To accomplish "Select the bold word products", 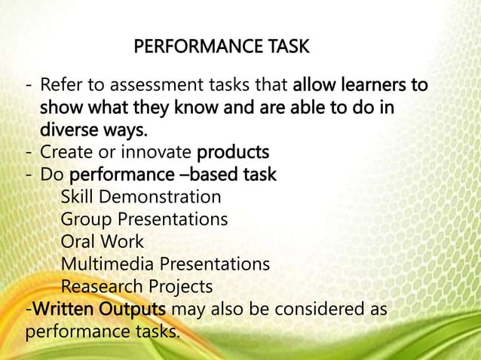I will (232, 153).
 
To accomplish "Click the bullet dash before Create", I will (29, 153).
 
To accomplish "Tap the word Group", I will (86, 220).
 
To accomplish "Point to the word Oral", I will (79, 243).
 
